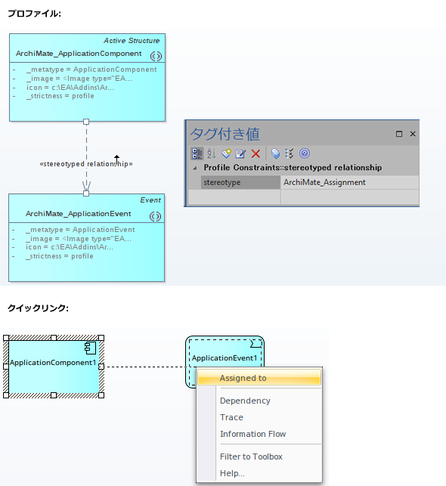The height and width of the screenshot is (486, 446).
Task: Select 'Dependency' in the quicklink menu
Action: point(245,401)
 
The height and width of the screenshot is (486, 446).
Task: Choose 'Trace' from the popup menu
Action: point(231,417)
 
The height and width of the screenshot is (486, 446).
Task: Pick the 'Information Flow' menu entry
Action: point(253,434)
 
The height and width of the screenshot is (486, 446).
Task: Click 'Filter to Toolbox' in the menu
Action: point(251,457)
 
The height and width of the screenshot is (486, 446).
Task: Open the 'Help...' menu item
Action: point(232,473)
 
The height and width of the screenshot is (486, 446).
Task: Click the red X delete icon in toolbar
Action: point(256,153)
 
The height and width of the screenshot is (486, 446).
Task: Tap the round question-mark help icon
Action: point(305,153)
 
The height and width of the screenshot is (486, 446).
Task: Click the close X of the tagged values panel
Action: point(413,134)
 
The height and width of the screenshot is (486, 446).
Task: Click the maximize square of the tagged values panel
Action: point(399,134)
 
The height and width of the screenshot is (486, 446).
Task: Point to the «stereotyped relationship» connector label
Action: point(86,164)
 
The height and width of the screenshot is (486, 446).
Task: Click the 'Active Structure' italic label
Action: point(132,41)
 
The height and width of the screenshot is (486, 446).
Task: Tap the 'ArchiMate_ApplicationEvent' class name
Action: point(79,214)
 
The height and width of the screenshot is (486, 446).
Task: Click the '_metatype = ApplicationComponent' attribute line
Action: point(91,70)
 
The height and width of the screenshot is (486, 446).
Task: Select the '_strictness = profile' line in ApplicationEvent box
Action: point(60,256)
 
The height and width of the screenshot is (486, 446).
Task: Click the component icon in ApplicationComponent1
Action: point(91,348)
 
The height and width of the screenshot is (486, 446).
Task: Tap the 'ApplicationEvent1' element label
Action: point(225,358)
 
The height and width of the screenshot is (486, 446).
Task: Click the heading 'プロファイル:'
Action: point(34,14)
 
